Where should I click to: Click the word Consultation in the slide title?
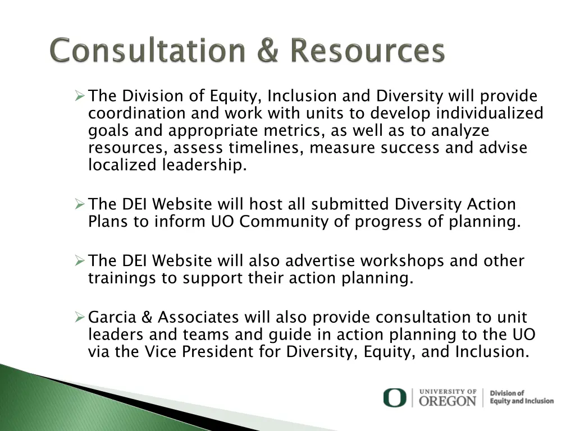coord(147,51)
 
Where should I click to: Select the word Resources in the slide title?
coord(368,51)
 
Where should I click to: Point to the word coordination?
coord(137,113)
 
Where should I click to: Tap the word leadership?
coord(204,166)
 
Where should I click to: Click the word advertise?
coord(320,261)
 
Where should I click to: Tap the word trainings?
coord(122,278)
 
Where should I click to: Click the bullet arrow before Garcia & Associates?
coord(79,318)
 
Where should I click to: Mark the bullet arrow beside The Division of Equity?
coord(79,97)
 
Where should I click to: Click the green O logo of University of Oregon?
coord(394,398)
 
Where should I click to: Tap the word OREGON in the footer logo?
coord(448,401)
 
